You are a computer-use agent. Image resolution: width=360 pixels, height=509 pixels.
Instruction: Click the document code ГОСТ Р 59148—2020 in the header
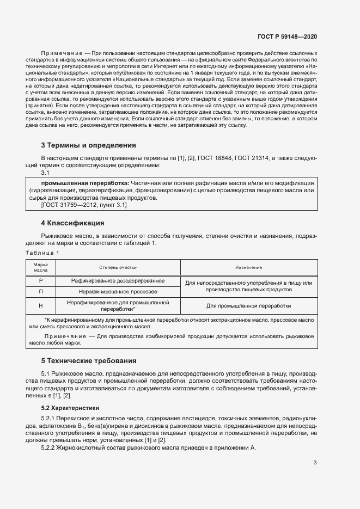point(287,36)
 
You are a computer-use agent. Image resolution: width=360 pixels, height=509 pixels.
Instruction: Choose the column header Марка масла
point(41,267)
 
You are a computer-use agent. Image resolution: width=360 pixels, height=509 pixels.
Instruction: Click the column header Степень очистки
point(118,267)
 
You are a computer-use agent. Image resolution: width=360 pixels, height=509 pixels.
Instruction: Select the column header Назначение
point(248,267)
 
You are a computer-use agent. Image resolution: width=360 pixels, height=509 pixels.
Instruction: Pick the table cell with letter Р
point(41,281)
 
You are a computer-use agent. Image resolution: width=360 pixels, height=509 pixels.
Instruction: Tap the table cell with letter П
point(41,292)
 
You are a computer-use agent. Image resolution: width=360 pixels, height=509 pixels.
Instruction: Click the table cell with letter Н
point(41,305)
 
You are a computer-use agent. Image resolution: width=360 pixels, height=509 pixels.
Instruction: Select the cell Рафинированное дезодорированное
point(118,281)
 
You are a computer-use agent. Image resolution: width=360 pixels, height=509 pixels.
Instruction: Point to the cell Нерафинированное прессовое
point(118,292)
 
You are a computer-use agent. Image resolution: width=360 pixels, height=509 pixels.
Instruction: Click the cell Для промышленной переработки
point(248,305)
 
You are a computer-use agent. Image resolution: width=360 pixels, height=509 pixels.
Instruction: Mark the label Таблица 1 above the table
point(42,253)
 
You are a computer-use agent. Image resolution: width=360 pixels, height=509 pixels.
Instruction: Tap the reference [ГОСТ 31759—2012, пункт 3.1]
point(76,205)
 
